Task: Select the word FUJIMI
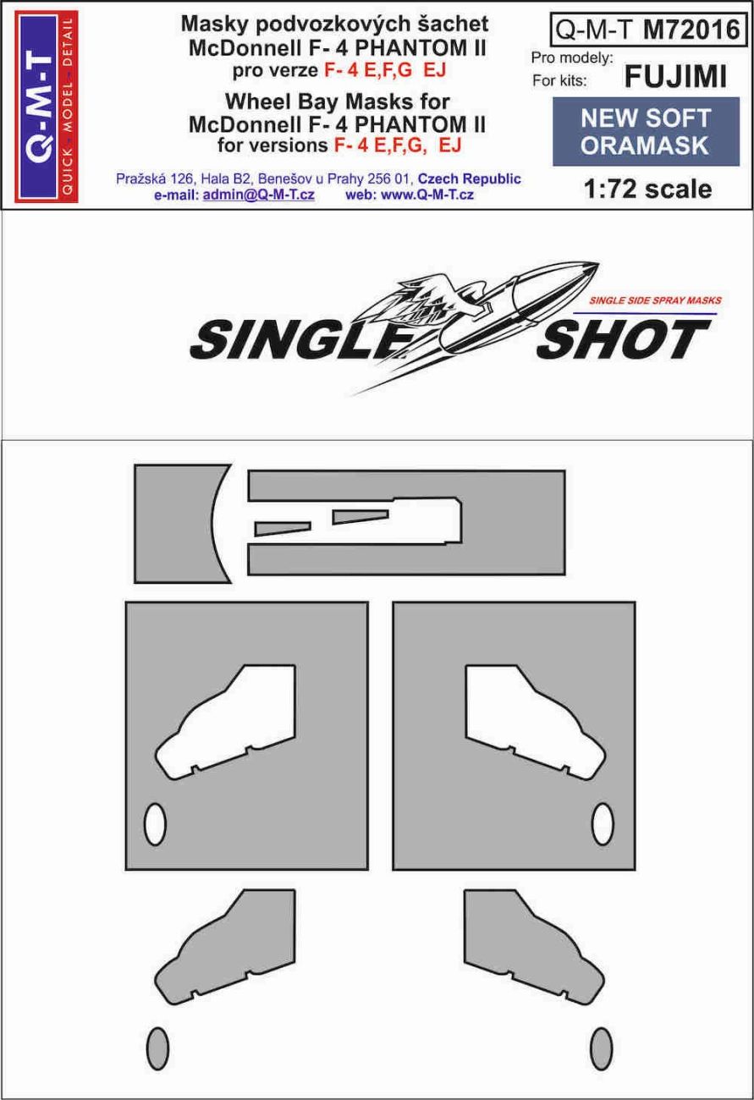[674, 78]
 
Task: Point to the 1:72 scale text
[648, 189]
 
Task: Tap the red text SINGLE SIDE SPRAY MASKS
[654, 300]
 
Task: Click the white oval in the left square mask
[155, 823]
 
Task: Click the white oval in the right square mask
[603, 823]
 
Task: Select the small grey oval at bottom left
[157, 1048]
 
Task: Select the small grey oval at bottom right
[601, 1048]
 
